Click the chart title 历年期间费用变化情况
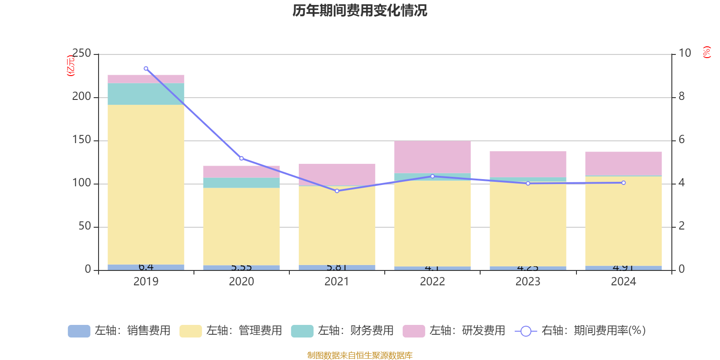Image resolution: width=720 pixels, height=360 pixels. tap(360, 10)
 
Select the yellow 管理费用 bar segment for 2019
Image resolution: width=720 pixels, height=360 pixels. tap(146, 184)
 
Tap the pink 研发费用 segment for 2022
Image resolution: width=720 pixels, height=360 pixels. tap(432, 157)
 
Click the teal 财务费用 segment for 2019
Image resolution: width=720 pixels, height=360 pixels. tap(146, 94)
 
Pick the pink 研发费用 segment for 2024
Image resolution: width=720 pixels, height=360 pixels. tap(623, 163)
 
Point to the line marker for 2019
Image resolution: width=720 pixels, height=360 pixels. tap(146, 69)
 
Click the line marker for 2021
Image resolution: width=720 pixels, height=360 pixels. tap(337, 191)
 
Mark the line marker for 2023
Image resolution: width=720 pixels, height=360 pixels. tap(528, 183)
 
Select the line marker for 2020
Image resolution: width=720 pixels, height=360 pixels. tap(241, 158)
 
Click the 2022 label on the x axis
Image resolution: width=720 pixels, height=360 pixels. tap(432, 282)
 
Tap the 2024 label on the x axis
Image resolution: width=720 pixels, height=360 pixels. tap(623, 282)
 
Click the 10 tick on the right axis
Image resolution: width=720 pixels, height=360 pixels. tap(684, 54)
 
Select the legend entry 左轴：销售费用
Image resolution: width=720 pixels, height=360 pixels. tap(119, 331)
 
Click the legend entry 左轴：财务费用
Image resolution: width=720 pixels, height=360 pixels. tap(342, 331)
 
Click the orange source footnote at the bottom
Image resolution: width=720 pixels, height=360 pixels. tap(360, 355)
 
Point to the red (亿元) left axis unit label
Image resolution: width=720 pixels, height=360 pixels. tap(71, 66)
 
